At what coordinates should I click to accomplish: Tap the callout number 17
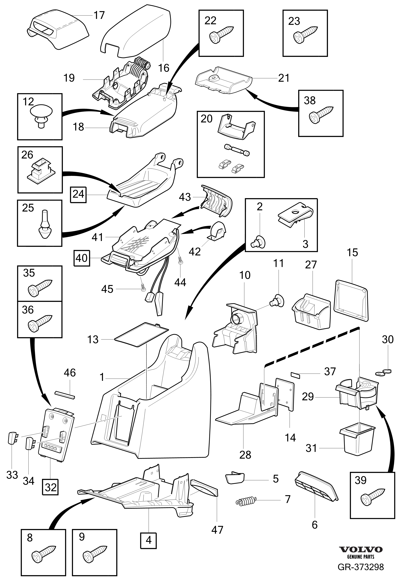click(99, 16)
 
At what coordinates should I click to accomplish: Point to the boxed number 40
click(82, 258)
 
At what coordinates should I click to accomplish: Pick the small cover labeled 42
click(217, 229)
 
